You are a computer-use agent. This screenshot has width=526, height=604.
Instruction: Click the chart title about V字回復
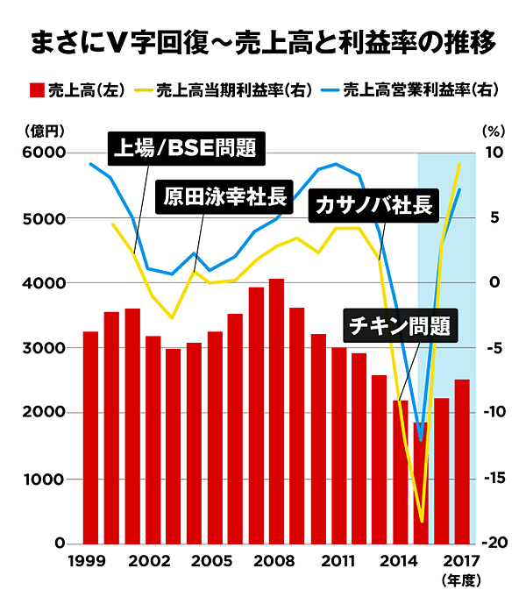pos(263,41)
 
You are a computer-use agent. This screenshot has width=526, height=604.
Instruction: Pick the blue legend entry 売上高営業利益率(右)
pos(416,90)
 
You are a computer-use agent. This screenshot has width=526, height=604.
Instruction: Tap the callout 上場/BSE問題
pos(187,148)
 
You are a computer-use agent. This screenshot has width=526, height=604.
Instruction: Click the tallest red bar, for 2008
pos(276,412)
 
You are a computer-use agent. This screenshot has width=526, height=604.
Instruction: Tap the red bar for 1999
pos(90,437)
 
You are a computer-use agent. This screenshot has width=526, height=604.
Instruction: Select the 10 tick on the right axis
pos(495,153)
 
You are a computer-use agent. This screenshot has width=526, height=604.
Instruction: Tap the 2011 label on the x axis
pos(337,562)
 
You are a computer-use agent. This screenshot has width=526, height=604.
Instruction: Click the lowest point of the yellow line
pos(423,522)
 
